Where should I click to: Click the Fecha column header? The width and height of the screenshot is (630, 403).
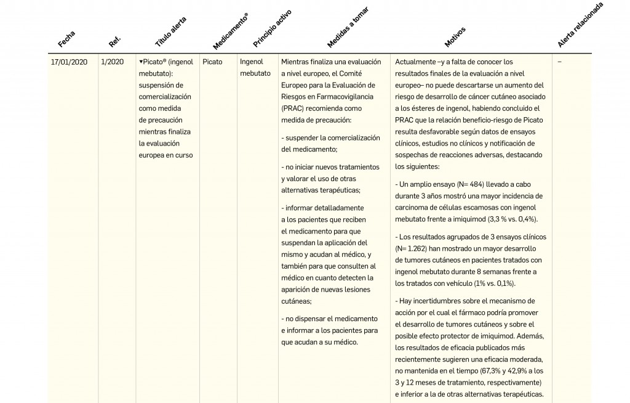pos(66,39)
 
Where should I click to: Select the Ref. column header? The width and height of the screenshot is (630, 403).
pos(114,41)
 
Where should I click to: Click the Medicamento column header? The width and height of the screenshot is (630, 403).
pos(231,31)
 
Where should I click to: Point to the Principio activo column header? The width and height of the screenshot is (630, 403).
pos(272,29)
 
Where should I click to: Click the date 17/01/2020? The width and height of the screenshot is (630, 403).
pos(70,62)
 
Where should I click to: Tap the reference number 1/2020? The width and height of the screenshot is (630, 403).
pos(113,62)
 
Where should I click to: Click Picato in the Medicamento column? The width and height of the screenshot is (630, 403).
pos(212,62)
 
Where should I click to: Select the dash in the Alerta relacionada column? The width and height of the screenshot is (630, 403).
pos(559,62)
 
